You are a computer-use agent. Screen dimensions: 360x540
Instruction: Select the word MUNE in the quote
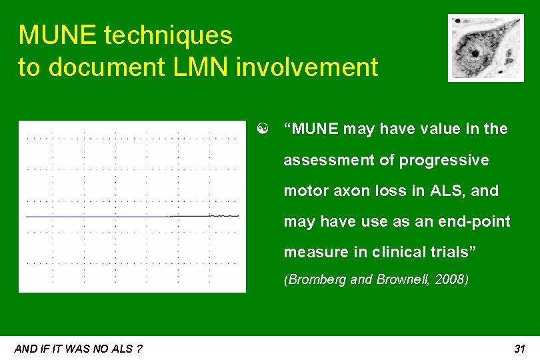pos(313,129)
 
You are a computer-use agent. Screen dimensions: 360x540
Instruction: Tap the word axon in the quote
pos(347,191)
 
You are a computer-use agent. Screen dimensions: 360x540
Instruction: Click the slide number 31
pos(520,349)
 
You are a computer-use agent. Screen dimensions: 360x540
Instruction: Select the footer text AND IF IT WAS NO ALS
pos(78,349)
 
